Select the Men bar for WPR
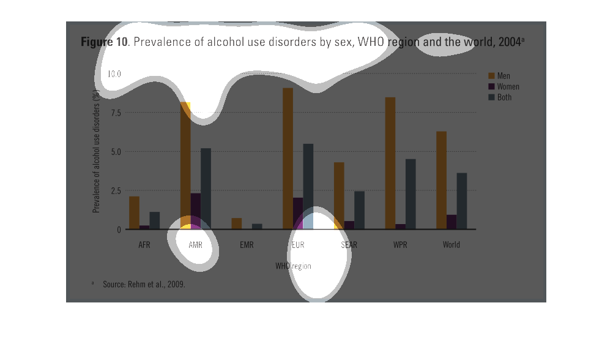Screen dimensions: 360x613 pyautogui.click(x=390, y=163)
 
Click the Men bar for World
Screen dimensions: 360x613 pyautogui.click(x=441, y=180)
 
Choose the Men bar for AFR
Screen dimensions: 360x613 pyautogui.click(x=134, y=212)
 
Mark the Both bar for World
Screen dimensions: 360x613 pyautogui.click(x=462, y=201)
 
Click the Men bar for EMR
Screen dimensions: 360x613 pyautogui.click(x=236, y=223)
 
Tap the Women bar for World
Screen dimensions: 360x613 pyautogui.click(x=451, y=222)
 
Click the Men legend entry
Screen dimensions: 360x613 pyautogui.click(x=503, y=76)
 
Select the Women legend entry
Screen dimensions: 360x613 pyautogui.click(x=508, y=87)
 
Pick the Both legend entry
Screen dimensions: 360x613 pyautogui.click(x=504, y=97)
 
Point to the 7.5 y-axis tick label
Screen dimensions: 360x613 pyautogui.click(x=114, y=113)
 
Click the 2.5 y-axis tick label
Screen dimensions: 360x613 pyautogui.click(x=114, y=190)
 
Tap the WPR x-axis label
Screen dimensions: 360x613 pyautogui.click(x=400, y=245)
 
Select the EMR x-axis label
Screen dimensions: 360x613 pyautogui.click(x=247, y=245)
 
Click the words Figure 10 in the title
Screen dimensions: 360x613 pyautogui.click(x=104, y=42)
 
